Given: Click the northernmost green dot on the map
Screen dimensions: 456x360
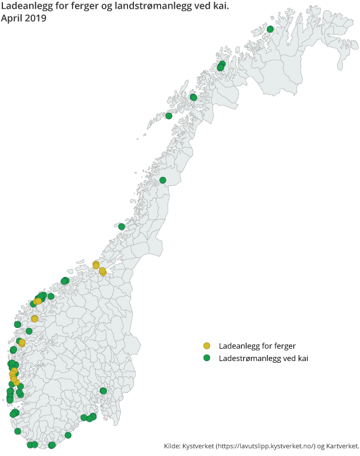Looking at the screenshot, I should [270, 29].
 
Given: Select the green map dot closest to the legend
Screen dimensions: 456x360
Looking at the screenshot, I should [103, 391].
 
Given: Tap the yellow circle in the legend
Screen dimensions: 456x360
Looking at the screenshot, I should [207, 346].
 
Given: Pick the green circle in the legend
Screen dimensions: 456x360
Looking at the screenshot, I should [207, 358].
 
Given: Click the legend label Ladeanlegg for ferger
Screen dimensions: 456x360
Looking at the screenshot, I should [257, 346].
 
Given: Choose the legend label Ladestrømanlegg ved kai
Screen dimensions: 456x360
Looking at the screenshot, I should [263, 358].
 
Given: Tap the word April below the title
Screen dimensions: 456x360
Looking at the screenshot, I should [13, 18].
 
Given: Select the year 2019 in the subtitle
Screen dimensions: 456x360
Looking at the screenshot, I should [37, 18].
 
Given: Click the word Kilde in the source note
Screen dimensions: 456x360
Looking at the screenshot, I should [172, 445].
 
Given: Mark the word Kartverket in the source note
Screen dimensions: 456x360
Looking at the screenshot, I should [342, 445].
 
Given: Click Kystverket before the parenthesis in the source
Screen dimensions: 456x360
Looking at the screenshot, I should [199, 445].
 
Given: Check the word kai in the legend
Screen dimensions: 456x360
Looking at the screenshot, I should [302, 358].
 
